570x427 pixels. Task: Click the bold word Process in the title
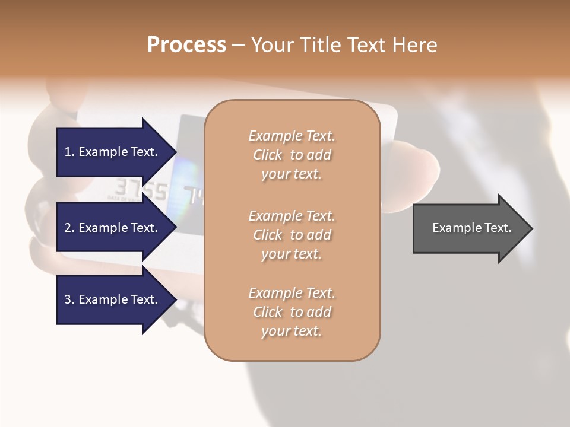tap(186, 44)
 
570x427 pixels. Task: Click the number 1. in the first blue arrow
tap(69, 152)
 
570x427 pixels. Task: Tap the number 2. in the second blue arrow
tap(69, 228)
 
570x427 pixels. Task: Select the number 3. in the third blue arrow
tap(69, 299)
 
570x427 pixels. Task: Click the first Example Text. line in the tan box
tap(292, 136)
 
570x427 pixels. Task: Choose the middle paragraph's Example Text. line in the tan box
tap(292, 215)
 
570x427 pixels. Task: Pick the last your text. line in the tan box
tap(292, 331)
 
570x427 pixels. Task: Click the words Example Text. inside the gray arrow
tap(471, 228)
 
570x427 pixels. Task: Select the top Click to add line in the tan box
tap(292, 155)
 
